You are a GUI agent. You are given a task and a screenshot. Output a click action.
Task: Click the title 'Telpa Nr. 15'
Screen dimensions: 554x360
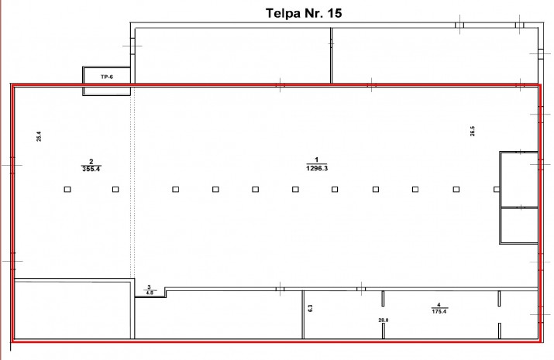tap(304, 13)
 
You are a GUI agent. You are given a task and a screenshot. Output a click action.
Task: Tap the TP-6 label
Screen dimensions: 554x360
tap(107, 77)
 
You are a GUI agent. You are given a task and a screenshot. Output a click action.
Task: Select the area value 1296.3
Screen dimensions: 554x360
tap(317, 169)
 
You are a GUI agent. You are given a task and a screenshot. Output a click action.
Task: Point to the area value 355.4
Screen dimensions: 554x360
tap(91, 169)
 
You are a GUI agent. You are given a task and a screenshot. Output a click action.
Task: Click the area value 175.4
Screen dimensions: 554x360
tap(439, 312)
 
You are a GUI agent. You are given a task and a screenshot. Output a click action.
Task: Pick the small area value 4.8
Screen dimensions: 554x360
tap(150, 293)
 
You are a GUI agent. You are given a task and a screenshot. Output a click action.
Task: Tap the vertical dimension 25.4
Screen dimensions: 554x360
tap(39, 136)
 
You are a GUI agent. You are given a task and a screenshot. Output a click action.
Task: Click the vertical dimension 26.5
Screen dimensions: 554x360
tap(473, 131)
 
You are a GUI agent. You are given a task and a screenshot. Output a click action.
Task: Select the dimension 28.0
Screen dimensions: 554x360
tap(384, 320)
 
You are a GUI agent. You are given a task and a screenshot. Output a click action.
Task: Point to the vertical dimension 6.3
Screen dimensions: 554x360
tap(310, 308)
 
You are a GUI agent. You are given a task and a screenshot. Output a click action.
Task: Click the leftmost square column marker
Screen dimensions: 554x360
tap(67, 190)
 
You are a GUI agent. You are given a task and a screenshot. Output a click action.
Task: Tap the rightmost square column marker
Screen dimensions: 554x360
tap(497, 190)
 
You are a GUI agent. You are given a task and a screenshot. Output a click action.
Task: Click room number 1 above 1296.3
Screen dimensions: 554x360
tap(317, 159)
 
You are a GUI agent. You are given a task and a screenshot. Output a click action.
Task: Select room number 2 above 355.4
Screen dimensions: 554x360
tap(91, 161)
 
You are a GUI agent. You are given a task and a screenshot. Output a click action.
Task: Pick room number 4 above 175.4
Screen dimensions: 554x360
tap(439, 305)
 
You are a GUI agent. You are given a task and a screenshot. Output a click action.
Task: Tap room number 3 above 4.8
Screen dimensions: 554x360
tap(149, 287)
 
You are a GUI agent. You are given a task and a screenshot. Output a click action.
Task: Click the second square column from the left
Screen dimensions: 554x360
tap(115, 190)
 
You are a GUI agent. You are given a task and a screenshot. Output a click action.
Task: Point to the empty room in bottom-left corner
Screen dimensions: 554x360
tap(73, 310)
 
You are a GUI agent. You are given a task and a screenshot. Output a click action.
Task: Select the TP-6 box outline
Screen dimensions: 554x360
tap(107, 81)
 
